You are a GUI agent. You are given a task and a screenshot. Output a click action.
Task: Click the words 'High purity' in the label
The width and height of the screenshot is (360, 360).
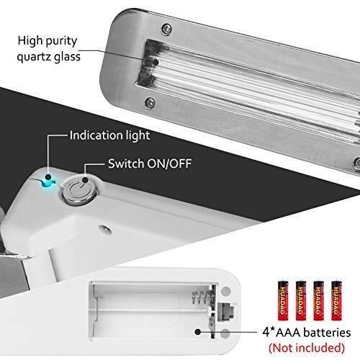(x=48, y=41)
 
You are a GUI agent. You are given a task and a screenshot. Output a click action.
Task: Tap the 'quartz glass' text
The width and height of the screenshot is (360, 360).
(x=48, y=57)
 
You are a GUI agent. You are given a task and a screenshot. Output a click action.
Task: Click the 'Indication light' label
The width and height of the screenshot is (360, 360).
(x=109, y=135)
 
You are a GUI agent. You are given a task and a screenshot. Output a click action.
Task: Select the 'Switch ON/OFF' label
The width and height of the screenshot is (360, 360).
(x=150, y=163)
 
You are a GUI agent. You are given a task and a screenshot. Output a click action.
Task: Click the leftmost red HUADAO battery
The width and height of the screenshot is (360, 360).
(x=283, y=300)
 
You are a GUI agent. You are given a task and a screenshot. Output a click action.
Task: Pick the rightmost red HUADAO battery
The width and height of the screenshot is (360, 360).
(x=336, y=300)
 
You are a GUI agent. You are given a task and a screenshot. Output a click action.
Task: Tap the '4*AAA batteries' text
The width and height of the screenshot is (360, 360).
(x=307, y=333)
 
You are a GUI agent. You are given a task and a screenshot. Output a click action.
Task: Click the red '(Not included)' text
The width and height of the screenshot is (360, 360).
(x=307, y=348)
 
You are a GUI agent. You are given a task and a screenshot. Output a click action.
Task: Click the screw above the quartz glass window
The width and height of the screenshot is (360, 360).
(x=166, y=29)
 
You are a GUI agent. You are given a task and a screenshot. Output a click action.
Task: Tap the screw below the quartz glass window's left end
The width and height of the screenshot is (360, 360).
(x=150, y=103)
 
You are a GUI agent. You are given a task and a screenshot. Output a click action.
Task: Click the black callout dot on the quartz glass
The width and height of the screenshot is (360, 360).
(x=156, y=62)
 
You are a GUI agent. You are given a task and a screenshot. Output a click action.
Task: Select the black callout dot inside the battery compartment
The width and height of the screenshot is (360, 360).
(x=197, y=332)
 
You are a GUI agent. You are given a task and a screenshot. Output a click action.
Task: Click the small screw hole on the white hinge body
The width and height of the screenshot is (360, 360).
(x=105, y=229)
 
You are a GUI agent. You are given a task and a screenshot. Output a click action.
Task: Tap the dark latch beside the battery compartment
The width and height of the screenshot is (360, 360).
(x=225, y=311)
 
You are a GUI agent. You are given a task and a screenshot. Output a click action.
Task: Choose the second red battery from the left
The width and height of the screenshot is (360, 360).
(x=301, y=300)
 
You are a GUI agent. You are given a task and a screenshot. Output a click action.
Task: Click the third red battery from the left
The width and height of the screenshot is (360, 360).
(x=319, y=300)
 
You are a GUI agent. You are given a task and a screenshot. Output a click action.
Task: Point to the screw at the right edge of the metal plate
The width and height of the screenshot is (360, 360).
(x=357, y=163)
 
